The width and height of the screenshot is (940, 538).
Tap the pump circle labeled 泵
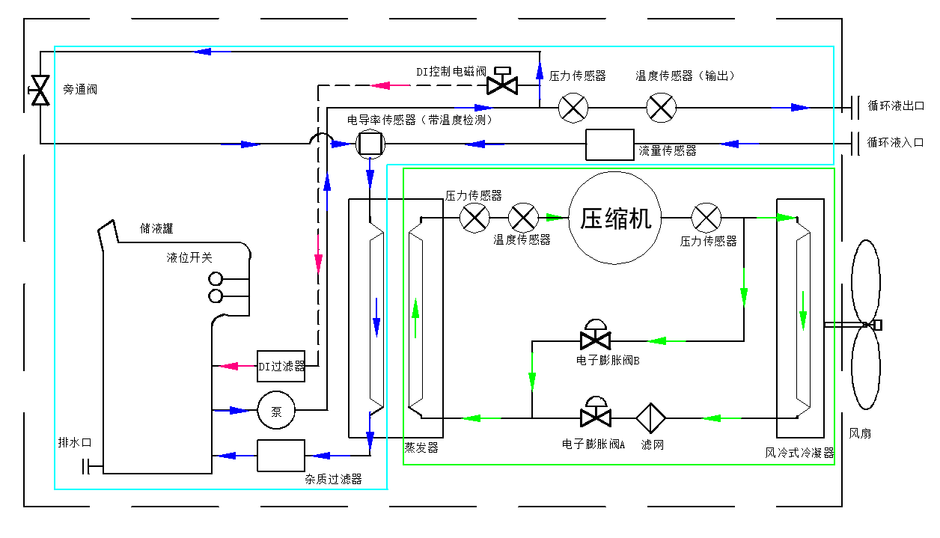[276, 411]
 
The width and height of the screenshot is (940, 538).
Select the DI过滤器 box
[281, 366]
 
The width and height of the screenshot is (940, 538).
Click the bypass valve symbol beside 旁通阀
[39, 90]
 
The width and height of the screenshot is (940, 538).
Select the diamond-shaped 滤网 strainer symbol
[651, 418]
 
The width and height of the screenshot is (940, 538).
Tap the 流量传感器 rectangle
[609, 144]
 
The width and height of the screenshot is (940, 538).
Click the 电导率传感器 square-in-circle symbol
[369, 143]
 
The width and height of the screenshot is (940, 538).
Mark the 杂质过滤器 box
[281, 456]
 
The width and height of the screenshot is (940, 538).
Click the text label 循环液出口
[896, 106]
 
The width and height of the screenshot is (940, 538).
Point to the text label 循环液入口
[896, 142]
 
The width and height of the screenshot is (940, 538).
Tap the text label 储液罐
[156, 228]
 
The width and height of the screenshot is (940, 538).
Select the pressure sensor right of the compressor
[705, 218]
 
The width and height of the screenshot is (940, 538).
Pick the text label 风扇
[859, 434]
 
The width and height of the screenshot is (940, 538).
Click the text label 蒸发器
[421, 448]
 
